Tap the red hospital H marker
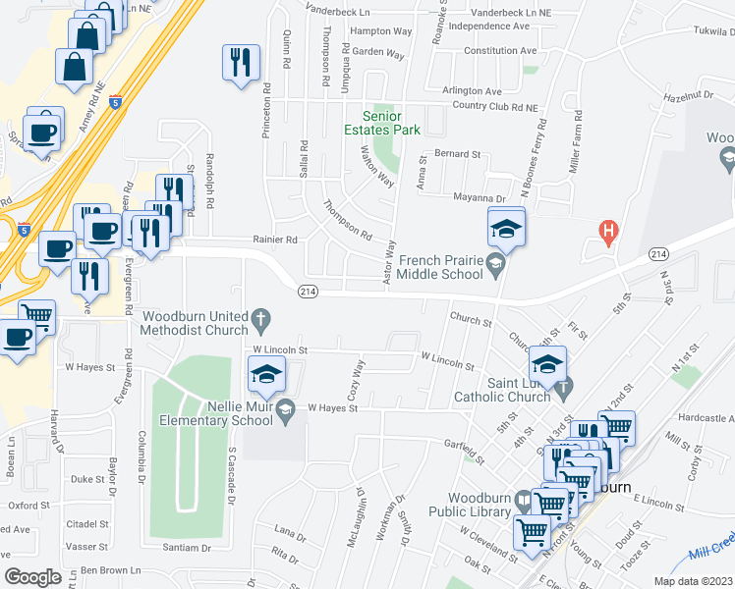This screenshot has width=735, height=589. click(608, 234)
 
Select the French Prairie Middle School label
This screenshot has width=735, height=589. click(442, 268)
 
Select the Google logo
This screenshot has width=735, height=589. click(32, 576)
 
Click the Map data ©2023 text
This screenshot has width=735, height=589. click(692, 581)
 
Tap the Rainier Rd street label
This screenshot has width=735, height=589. click(276, 239)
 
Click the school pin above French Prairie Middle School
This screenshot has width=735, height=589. click(506, 231)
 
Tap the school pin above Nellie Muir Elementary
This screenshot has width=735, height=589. click(265, 376)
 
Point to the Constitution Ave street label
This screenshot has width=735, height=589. click(499, 51)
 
